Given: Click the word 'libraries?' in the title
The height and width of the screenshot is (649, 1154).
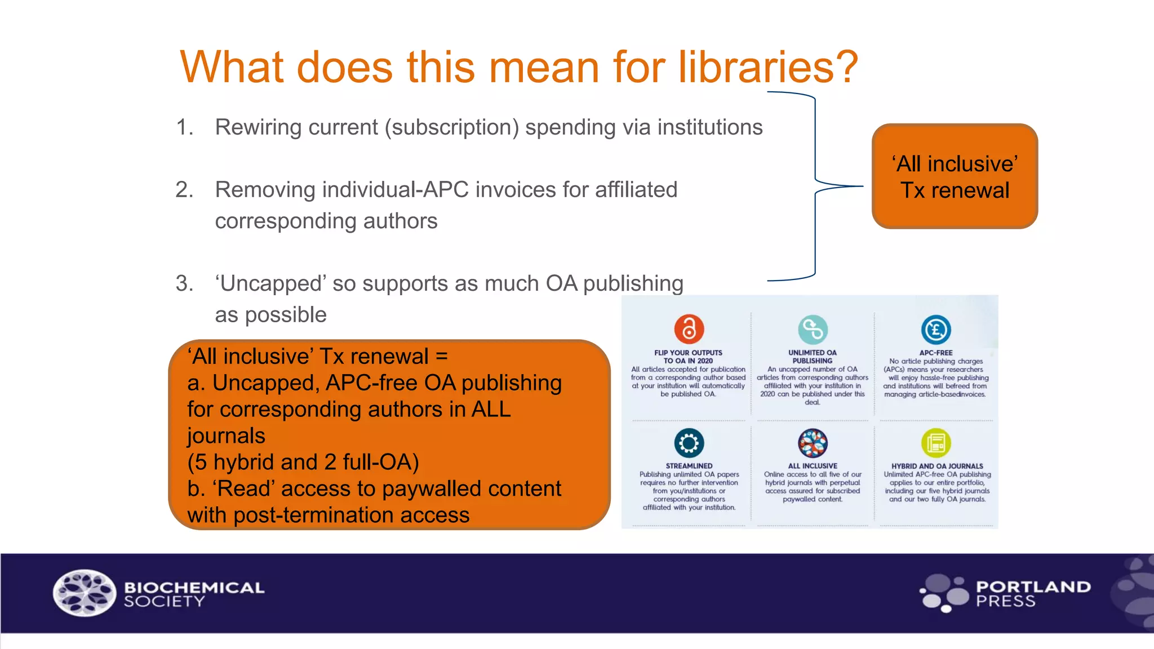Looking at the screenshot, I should point(767,67).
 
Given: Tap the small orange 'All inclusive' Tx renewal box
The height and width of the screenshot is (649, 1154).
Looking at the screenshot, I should point(955,176).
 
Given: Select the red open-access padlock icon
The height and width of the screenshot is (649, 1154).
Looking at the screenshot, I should point(689,329).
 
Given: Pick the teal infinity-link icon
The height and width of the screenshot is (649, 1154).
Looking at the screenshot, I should point(813,329).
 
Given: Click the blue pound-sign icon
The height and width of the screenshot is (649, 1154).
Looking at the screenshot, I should point(936,330).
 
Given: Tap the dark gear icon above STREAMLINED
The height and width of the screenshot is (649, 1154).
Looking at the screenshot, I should point(689,443).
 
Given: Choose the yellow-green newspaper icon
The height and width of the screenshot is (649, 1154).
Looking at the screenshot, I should point(936,443).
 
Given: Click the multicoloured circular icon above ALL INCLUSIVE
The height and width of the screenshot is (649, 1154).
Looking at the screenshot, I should point(813,443).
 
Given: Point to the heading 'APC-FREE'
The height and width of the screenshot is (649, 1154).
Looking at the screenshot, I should point(936,353).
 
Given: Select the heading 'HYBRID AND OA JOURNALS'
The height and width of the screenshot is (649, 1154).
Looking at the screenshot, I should point(936,466).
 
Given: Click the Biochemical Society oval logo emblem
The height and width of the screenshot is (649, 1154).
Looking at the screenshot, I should point(85,593).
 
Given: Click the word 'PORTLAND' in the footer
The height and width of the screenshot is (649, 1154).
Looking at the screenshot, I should point(1033,586).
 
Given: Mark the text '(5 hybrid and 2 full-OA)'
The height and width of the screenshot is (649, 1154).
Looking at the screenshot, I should point(303,462).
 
